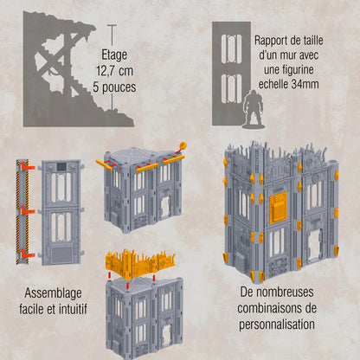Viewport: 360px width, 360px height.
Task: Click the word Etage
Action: pos(115,51)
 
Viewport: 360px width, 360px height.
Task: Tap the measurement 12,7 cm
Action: pos(114,71)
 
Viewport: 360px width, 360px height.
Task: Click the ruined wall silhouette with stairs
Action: pos(61,69)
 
